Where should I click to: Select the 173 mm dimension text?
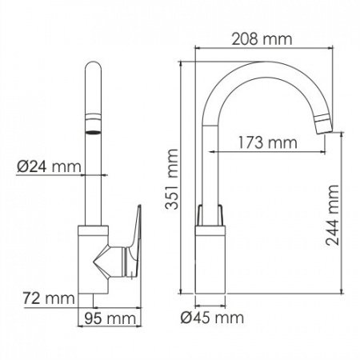(x=266, y=142)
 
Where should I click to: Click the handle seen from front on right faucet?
(x=212, y=214)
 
